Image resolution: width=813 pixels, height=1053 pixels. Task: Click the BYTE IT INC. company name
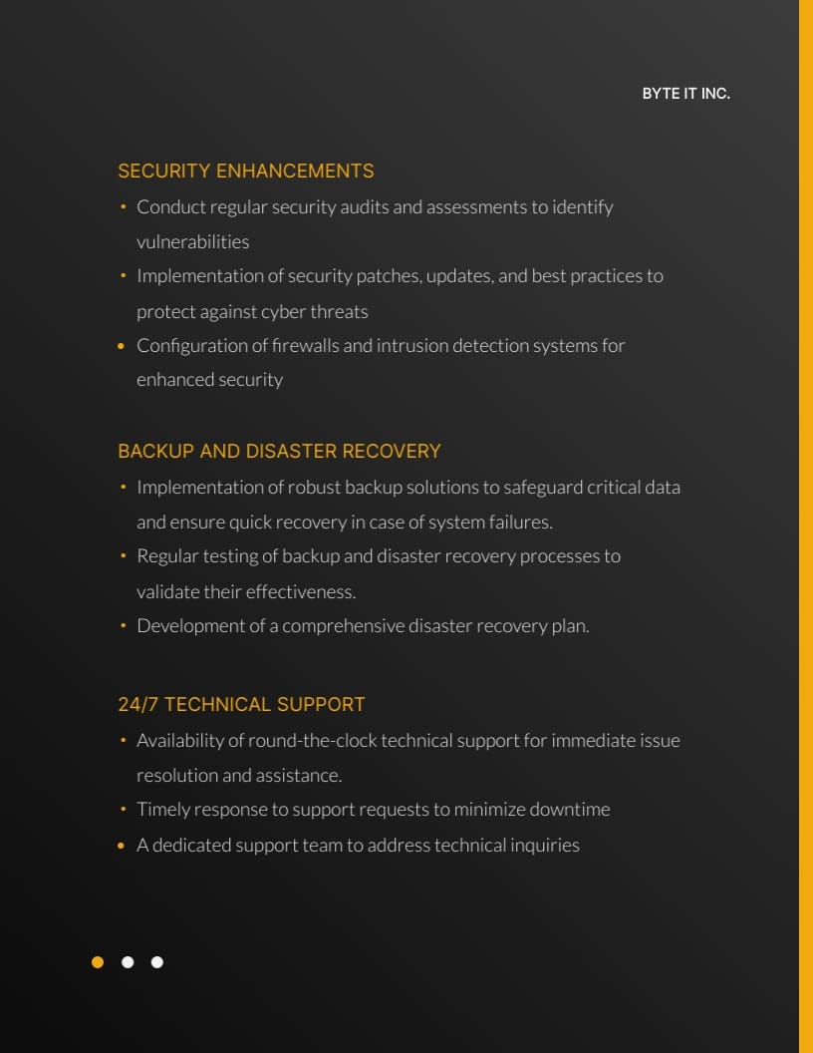(x=685, y=94)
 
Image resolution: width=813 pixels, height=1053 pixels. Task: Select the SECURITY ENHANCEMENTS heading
(x=246, y=172)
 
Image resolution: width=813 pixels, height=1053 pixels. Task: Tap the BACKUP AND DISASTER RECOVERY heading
(x=279, y=452)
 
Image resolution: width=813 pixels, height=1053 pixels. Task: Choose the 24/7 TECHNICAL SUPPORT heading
(x=241, y=705)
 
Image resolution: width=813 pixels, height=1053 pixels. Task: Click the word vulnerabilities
(x=192, y=242)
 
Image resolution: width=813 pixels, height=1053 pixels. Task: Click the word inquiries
(x=544, y=846)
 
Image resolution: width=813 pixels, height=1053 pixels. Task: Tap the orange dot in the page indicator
(x=98, y=962)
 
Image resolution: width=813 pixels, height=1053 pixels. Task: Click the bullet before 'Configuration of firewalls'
(x=122, y=346)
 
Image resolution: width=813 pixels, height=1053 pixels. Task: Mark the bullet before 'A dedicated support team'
(x=122, y=846)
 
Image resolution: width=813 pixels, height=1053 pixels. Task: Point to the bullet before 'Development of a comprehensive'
(x=122, y=626)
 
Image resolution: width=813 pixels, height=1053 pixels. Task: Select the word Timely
(x=162, y=810)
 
